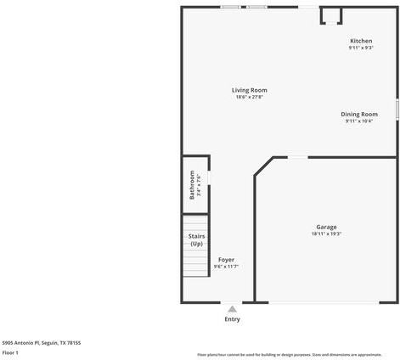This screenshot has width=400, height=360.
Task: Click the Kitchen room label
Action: click(x=361, y=41)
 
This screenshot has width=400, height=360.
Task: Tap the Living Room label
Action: click(x=250, y=90)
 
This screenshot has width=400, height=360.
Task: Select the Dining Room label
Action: click(x=359, y=114)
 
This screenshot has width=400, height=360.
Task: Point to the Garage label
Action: click(x=326, y=227)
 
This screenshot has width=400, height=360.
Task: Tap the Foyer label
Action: click(x=226, y=260)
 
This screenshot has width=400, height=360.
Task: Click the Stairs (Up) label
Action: click(x=196, y=240)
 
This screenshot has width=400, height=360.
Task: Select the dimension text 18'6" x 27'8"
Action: click(x=250, y=97)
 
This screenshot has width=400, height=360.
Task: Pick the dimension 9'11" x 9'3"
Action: click(x=361, y=48)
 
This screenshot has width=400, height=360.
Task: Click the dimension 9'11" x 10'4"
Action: click(x=359, y=121)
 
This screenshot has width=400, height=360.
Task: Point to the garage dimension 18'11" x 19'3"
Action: click(x=326, y=233)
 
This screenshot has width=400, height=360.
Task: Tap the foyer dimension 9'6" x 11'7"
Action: click(x=226, y=267)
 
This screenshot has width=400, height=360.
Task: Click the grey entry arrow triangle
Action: click(x=232, y=309)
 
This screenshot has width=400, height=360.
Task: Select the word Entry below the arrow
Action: click(x=232, y=319)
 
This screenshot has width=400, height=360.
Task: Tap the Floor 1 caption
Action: click(x=10, y=352)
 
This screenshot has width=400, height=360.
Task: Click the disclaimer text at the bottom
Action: click(x=289, y=354)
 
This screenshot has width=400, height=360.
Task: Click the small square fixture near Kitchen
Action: click(x=330, y=16)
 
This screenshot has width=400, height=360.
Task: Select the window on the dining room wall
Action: click(x=397, y=109)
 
